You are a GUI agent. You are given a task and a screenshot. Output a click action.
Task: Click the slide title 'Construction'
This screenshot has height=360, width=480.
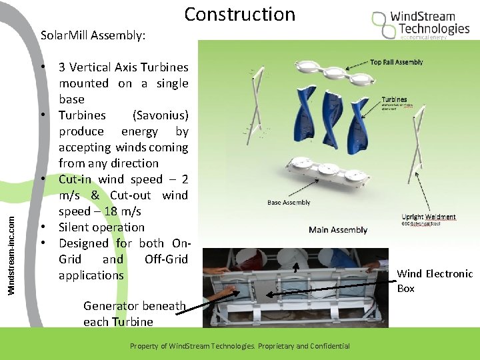239,14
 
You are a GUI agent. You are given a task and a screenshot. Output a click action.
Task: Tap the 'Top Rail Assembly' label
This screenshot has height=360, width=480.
396,62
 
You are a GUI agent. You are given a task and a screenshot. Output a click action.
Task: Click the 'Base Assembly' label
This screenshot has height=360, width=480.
288,203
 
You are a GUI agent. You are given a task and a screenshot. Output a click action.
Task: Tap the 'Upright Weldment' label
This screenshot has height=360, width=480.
429,217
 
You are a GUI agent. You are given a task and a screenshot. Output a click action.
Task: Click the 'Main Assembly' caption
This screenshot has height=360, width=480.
338,230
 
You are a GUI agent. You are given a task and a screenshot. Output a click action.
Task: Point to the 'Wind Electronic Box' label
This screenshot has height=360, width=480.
434,281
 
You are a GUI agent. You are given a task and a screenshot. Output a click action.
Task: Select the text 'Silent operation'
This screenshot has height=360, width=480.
101,227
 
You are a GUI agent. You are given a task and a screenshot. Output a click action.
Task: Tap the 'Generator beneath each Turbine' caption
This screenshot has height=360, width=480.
134,313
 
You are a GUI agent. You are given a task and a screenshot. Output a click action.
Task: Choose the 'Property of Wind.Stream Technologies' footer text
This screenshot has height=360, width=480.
239,346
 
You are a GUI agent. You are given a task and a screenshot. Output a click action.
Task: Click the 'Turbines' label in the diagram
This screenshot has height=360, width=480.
394,99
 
